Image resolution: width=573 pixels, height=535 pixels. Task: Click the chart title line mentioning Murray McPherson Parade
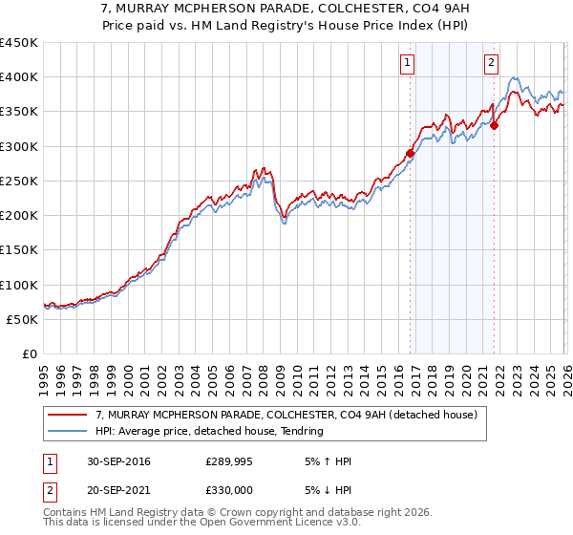click(286, 9)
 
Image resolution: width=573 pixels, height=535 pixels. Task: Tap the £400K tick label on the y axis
click(19, 77)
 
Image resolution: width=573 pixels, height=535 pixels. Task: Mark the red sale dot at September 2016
click(411, 153)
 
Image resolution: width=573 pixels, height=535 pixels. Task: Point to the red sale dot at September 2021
click(495, 124)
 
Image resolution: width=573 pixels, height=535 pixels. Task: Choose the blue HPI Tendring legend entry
click(210, 431)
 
